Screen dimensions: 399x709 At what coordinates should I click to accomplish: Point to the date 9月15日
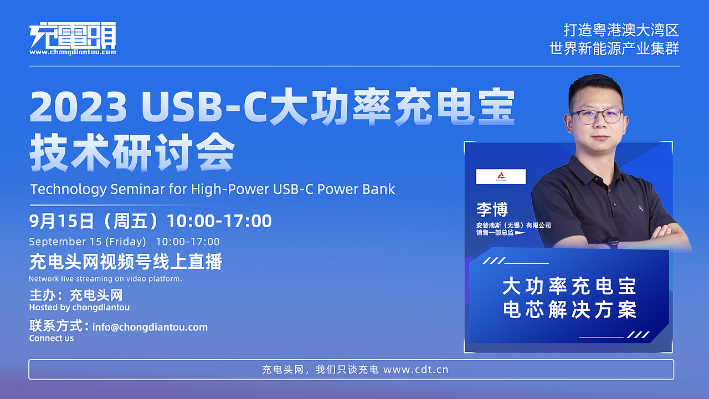click(61, 221)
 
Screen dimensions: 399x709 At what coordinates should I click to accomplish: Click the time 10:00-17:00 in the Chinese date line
click(219, 221)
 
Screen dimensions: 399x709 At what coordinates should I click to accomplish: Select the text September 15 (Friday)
click(88, 242)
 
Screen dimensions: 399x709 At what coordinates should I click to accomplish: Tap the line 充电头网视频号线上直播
click(126, 262)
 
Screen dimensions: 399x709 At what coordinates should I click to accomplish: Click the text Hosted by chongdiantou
click(79, 307)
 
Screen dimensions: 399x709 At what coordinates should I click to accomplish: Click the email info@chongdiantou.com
click(150, 327)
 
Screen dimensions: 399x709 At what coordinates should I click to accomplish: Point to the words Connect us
click(52, 339)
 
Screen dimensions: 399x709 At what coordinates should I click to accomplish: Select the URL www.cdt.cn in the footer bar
click(415, 370)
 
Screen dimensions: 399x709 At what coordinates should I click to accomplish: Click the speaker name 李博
click(492, 209)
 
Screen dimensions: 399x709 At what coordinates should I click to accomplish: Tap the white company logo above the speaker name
click(501, 176)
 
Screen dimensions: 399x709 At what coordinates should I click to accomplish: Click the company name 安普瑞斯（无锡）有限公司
click(513, 226)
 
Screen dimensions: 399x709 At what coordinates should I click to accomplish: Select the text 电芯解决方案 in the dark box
click(569, 310)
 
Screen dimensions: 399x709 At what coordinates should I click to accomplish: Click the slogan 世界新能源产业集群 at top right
click(614, 49)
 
